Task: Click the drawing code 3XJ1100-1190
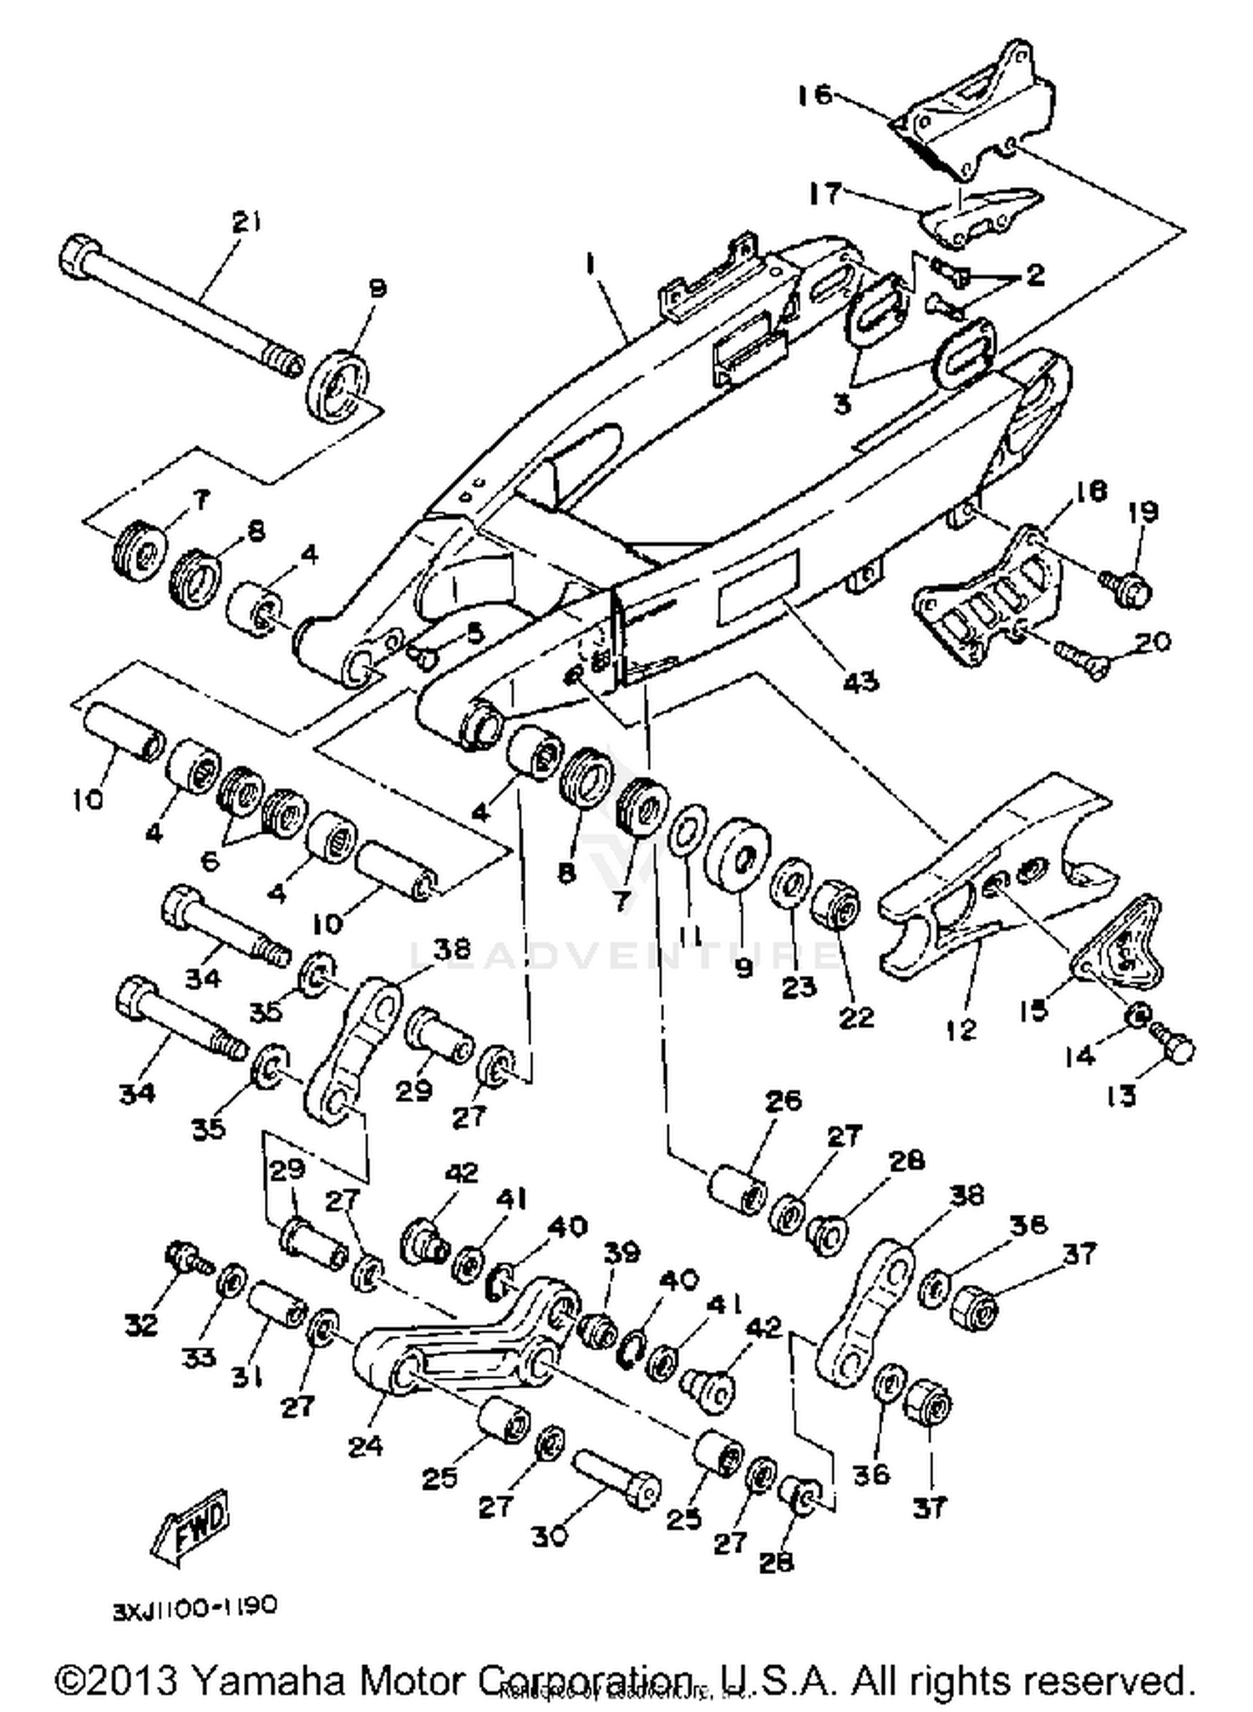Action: (195, 1607)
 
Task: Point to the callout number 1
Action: (591, 266)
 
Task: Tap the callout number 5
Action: (474, 633)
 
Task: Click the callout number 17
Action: (825, 194)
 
